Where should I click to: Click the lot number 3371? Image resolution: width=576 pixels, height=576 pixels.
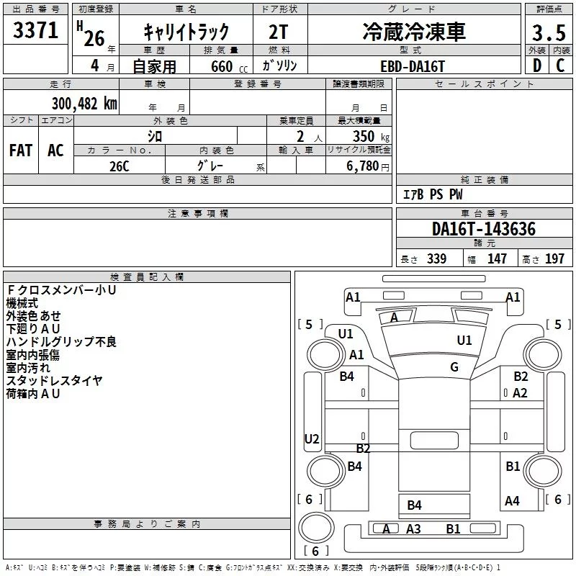point(35,30)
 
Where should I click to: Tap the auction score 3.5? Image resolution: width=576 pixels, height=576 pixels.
point(549,32)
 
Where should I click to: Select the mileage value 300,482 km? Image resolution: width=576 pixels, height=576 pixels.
point(84,104)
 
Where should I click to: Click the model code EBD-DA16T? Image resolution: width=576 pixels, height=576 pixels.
point(412,66)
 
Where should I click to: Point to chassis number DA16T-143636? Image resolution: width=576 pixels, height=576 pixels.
point(483,229)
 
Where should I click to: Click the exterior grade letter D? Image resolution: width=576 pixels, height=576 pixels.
point(537,66)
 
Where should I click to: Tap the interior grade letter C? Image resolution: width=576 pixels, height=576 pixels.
point(560,66)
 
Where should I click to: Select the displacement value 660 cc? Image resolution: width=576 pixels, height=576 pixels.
point(229,67)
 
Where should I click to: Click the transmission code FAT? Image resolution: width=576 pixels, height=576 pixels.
point(21,150)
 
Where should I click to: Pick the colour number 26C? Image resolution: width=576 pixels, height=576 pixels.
point(120,166)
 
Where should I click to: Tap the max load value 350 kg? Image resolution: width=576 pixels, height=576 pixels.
point(371,136)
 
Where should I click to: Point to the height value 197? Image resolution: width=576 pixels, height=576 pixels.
point(554,258)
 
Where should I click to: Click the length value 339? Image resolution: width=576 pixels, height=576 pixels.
point(436,258)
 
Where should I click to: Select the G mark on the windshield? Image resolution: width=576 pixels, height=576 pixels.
point(454,367)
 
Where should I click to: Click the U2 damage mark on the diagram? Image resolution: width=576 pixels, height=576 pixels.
point(312,439)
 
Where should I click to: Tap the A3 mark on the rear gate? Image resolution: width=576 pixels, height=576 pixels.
point(413,529)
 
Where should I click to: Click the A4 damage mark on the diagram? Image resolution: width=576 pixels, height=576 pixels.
point(512,500)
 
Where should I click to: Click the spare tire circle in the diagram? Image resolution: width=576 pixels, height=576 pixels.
point(316,527)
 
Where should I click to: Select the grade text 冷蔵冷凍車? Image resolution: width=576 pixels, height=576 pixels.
point(414,32)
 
